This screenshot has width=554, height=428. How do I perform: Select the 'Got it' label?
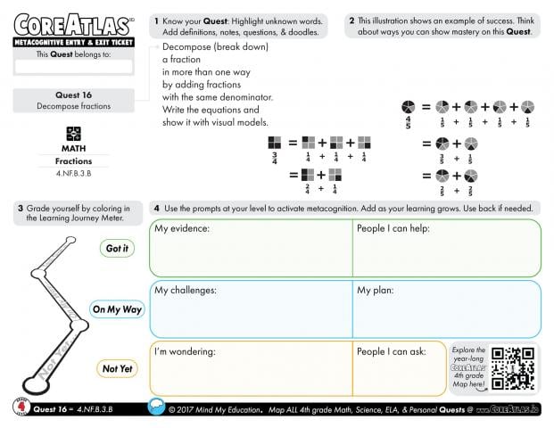[x=117, y=249]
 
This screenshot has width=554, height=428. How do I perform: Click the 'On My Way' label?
[x=116, y=309]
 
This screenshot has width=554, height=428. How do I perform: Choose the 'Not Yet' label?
[x=116, y=368]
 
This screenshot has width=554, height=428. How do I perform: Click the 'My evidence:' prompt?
[x=182, y=229]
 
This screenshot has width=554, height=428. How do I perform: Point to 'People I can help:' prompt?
[x=393, y=229]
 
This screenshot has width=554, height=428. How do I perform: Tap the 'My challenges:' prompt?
[x=186, y=290]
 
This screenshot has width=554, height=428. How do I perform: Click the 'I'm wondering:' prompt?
[x=186, y=350]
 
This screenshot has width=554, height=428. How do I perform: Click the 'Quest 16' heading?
[x=74, y=95]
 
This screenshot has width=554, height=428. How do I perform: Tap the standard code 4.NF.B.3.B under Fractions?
[x=74, y=173]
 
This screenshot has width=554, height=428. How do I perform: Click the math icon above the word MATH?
[x=74, y=133]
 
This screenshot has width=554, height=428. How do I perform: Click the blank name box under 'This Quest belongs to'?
[x=74, y=66]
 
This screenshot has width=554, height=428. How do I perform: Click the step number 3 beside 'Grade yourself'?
[x=20, y=209]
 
